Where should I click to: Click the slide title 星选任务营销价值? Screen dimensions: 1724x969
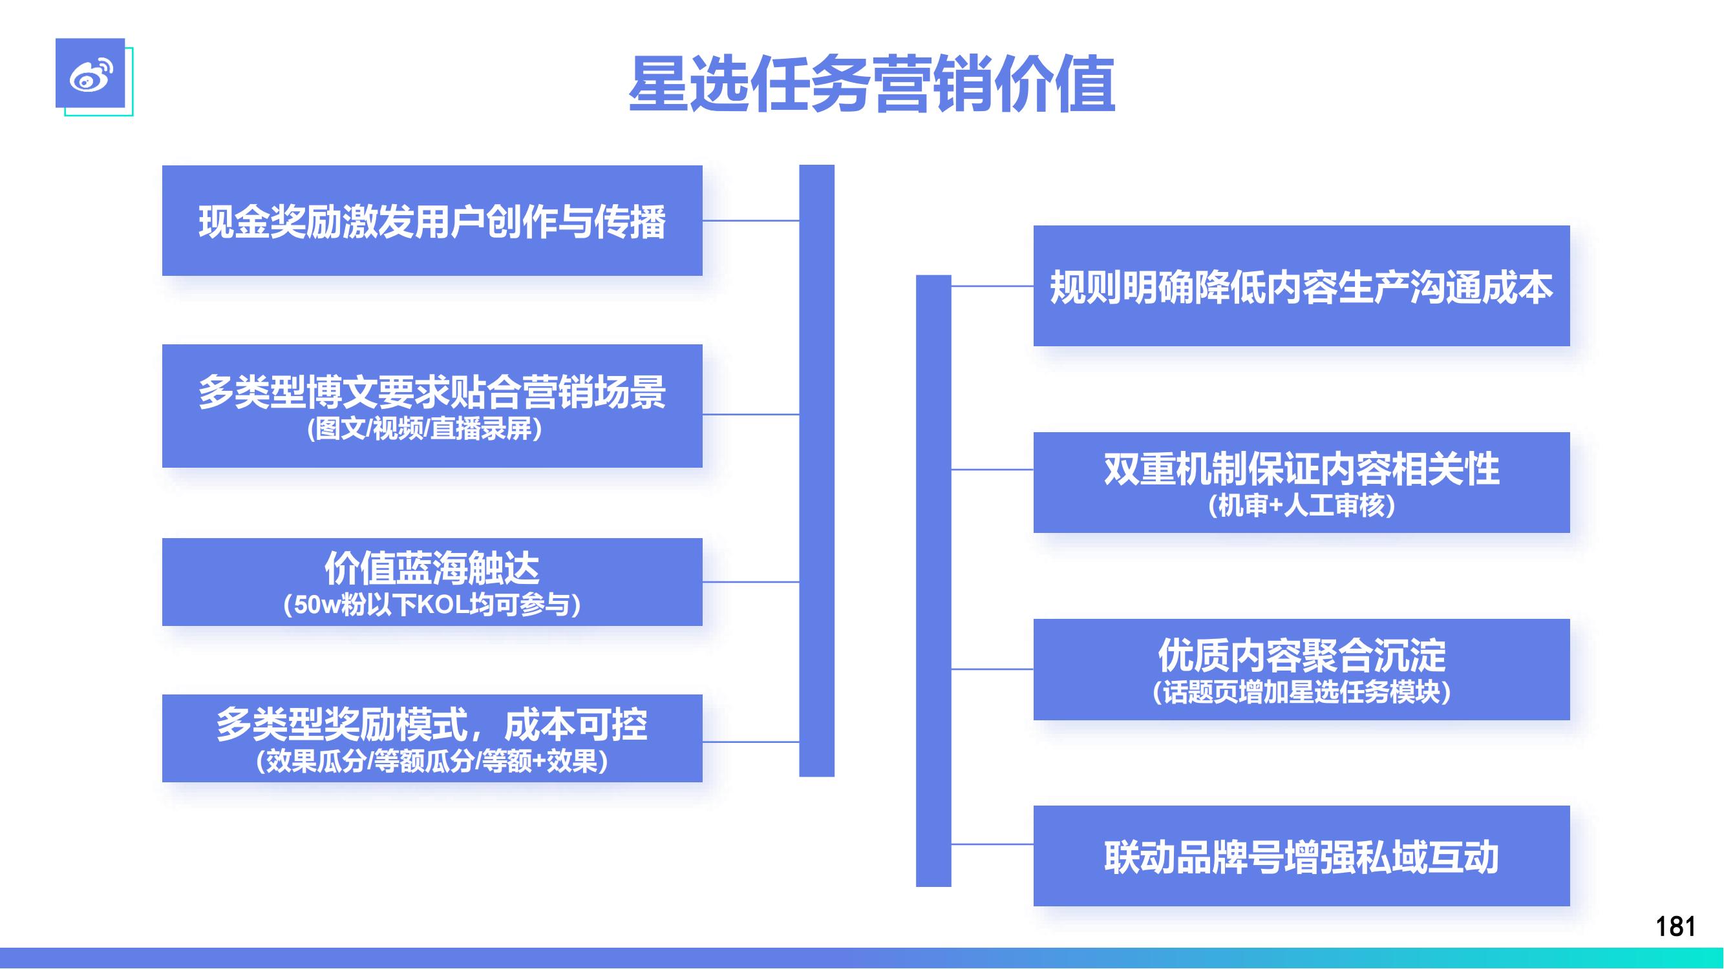[x=872, y=84]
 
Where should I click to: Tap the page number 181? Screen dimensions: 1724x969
[x=1675, y=927]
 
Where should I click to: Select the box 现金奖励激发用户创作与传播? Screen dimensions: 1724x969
[x=432, y=221]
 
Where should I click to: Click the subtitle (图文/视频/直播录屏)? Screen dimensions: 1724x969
[x=424, y=429]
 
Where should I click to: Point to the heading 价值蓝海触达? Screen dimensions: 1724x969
[x=432, y=569]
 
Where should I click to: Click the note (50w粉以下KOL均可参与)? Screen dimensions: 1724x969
[x=432, y=605]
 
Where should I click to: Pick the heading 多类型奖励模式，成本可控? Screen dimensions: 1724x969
[x=432, y=724]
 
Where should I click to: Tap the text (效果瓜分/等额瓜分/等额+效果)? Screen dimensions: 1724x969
[x=432, y=761]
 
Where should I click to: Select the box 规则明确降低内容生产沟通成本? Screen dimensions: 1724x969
[x=1302, y=286]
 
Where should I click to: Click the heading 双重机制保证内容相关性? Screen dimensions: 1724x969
[x=1302, y=469]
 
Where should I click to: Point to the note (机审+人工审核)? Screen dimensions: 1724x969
[x=1302, y=506]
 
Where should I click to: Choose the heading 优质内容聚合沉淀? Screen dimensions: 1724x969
[x=1302, y=655]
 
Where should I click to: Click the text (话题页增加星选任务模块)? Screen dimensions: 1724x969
[x=1302, y=692]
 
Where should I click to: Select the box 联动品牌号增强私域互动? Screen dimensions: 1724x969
[x=1302, y=856]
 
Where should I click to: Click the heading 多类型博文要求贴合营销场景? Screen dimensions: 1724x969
[x=432, y=392]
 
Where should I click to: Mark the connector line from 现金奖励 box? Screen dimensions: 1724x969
[x=751, y=220]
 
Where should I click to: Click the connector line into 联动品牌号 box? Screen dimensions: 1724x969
[x=992, y=844]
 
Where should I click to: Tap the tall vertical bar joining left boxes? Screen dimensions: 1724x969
[x=817, y=471]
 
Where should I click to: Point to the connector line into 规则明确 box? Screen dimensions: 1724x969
[x=992, y=286]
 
